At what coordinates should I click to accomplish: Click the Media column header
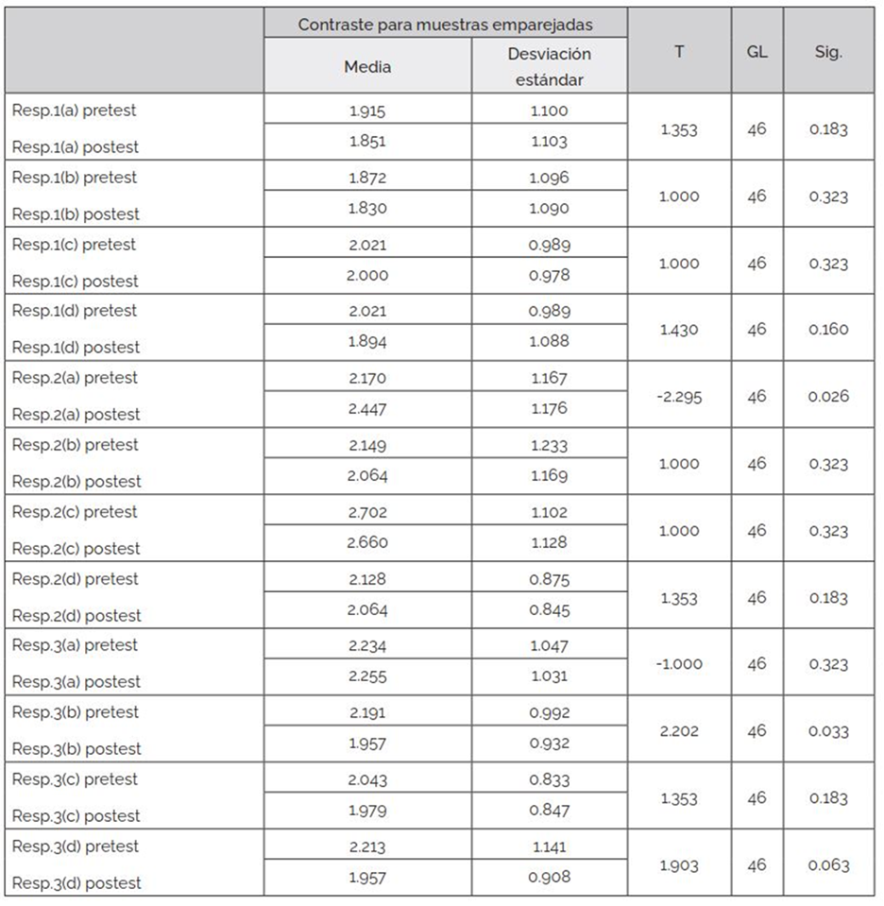[x=367, y=66]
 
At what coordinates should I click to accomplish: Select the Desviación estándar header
[x=549, y=66]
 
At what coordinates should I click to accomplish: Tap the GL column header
[x=756, y=52]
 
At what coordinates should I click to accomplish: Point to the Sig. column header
[x=828, y=52]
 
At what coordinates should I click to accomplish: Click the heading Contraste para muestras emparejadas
[x=446, y=25]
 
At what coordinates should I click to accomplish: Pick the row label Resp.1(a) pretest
[x=74, y=110]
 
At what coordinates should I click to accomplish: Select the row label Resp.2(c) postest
[x=76, y=548]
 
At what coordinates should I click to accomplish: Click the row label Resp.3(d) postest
[x=76, y=882]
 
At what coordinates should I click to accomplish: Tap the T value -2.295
[x=678, y=396]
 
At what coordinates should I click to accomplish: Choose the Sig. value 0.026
[x=828, y=396]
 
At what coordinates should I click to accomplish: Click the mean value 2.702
[x=367, y=512]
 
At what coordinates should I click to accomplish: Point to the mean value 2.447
[x=367, y=414]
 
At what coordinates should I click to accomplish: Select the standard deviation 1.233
[x=549, y=445]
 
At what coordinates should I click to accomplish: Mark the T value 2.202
[x=678, y=731]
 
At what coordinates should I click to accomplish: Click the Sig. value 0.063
[x=828, y=865]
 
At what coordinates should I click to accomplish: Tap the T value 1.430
[x=678, y=330]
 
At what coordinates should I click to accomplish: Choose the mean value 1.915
[x=367, y=111]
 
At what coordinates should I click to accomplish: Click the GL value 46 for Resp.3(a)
[x=756, y=664]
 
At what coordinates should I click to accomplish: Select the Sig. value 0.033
[x=828, y=731]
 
